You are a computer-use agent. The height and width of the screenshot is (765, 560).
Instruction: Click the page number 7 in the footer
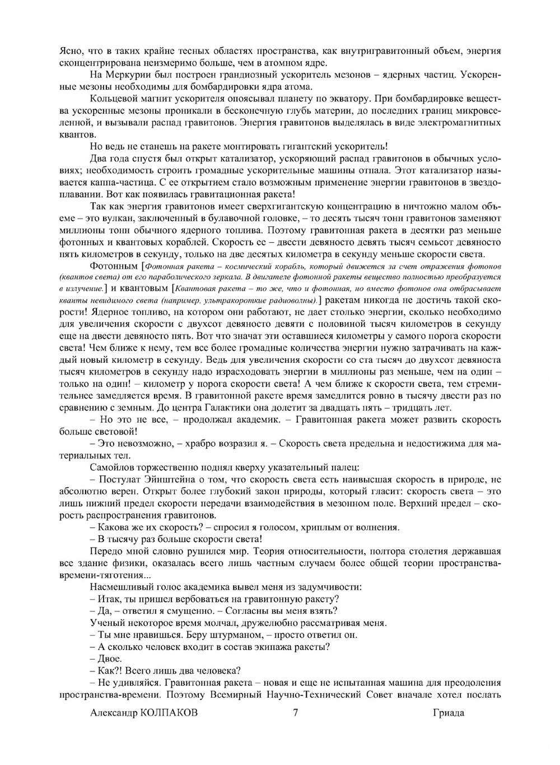point(295,713)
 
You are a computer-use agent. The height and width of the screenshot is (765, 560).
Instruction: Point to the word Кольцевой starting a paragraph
point(111,99)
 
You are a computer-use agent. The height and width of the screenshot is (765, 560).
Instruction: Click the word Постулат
point(118,480)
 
